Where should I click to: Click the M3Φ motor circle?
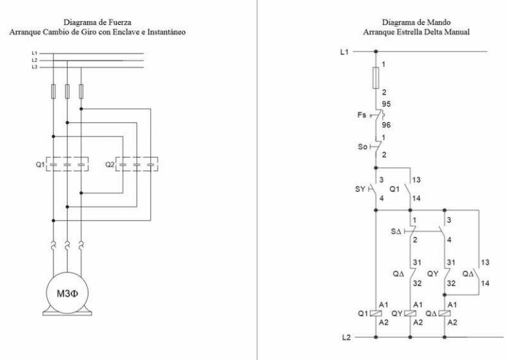pyautogui.click(x=67, y=288)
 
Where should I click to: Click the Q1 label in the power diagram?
pyautogui.click(x=41, y=164)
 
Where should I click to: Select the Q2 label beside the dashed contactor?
pyautogui.click(x=110, y=164)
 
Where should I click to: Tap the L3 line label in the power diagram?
pyautogui.click(x=34, y=67)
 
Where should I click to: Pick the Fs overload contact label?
pyautogui.click(x=363, y=116)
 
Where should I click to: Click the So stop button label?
pyautogui.click(x=363, y=147)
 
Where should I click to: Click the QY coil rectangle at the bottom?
pyautogui.click(x=410, y=313)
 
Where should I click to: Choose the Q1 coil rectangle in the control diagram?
pyautogui.click(x=376, y=313)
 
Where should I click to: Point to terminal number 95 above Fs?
pyautogui.click(x=386, y=103)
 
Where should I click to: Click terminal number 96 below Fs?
pyautogui.click(x=386, y=125)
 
